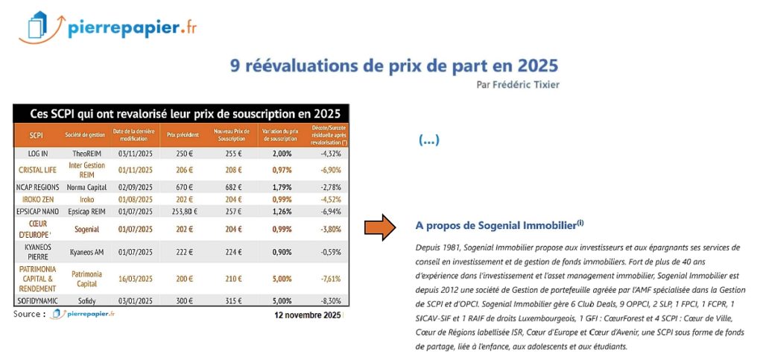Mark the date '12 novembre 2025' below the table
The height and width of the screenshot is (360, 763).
pyautogui.click(x=307, y=315)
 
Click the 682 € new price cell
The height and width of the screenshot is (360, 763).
pyautogui.click(x=232, y=186)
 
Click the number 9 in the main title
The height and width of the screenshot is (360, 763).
pyautogui.click(x=235, y=66)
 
